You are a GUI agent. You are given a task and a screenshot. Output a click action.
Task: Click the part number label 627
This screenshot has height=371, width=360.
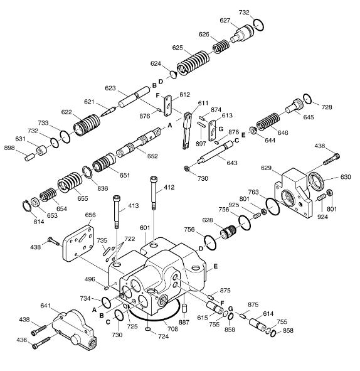(x=225, y=21)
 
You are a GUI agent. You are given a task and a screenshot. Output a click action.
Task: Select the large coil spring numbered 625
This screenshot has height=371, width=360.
(x=193, y=63)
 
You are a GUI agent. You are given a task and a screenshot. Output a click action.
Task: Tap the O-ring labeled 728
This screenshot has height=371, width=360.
(x=307, y=99)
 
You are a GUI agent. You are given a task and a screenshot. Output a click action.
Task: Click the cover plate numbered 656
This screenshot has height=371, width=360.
(x=78, y=243)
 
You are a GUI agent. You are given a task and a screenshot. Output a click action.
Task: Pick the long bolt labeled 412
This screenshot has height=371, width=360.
(x=154, y=193)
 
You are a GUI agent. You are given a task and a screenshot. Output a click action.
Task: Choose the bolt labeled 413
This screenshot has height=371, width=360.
(x=117, y=212)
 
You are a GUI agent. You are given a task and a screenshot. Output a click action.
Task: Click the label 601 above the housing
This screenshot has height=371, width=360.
(x=145, y=228)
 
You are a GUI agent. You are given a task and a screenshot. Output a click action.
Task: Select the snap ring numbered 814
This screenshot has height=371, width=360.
(x=27, y=206)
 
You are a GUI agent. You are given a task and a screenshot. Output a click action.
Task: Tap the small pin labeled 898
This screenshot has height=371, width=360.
(x=29, y=157)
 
